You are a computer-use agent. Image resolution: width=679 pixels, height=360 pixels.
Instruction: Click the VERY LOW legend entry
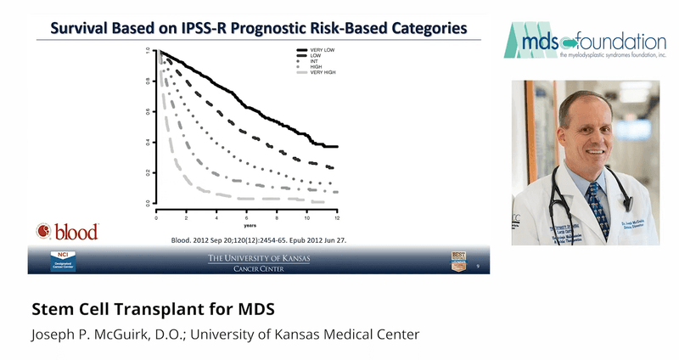tap(317, 50)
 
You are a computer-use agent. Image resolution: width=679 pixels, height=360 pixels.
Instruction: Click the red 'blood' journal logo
tap(68, 231)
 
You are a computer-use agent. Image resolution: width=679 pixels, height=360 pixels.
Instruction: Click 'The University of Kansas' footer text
tap(260, 256)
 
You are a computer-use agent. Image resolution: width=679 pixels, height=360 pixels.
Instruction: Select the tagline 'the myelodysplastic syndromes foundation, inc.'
tap(613, 55)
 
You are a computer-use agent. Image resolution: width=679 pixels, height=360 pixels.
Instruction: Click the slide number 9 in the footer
tap(478, 267)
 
